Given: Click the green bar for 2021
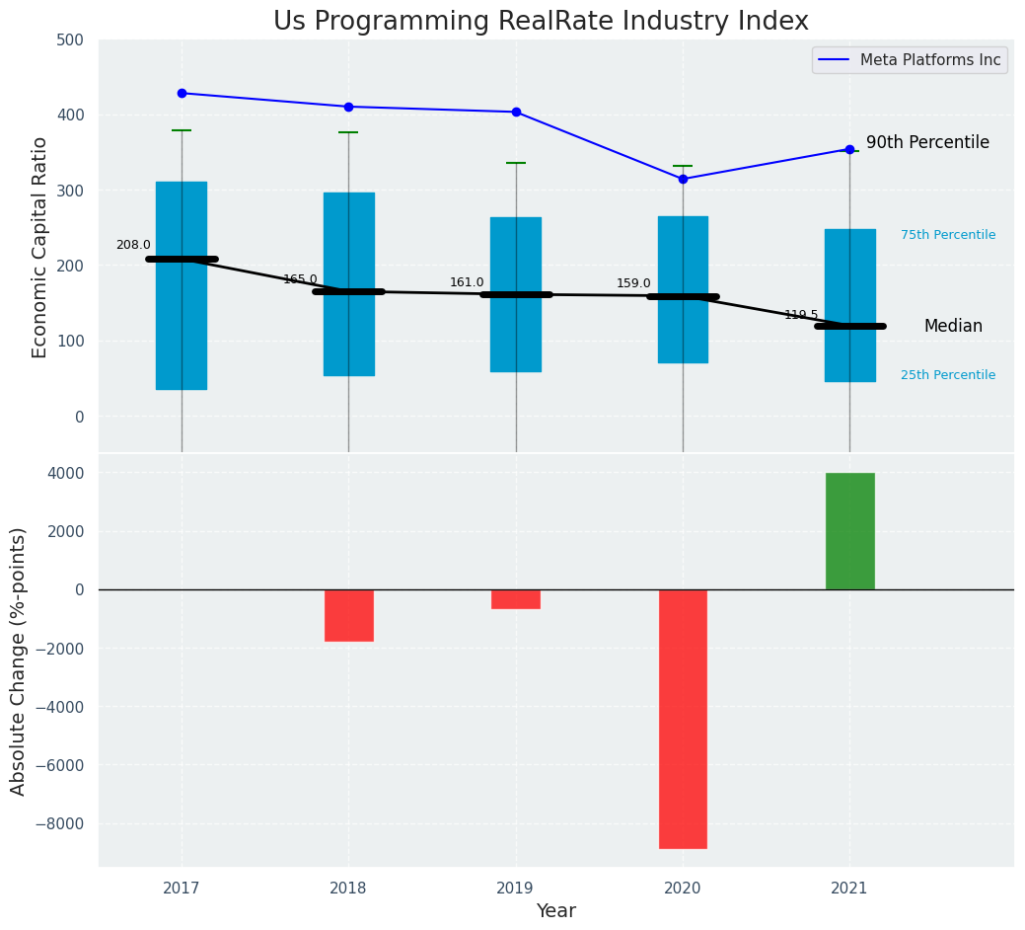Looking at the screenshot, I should [x=849, y=531].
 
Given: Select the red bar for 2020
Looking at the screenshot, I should [x=683, y=719].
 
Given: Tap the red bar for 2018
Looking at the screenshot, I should [x=348, y=615].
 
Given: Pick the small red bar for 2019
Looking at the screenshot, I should [x=516, y=599].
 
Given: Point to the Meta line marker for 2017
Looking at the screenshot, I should [x=182, y=93].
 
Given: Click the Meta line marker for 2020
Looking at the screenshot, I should [x=683, y=179].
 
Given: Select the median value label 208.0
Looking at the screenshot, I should [x=133, y=245].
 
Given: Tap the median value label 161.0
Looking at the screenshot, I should [x=467, y=282].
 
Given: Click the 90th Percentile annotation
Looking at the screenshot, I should [x=927, y=142].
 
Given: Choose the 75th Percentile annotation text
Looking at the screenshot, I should [x=948, y=235].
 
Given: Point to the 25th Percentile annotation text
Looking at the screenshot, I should [x=948, y=375].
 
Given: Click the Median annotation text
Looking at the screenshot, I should [x=953, y=326].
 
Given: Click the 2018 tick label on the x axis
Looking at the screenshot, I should [x=348, y=888].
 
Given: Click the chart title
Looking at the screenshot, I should [x=541, y=22].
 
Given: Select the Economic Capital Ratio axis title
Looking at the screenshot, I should [x=40, y=247].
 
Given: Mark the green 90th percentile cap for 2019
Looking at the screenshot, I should [x=516, y=163].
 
